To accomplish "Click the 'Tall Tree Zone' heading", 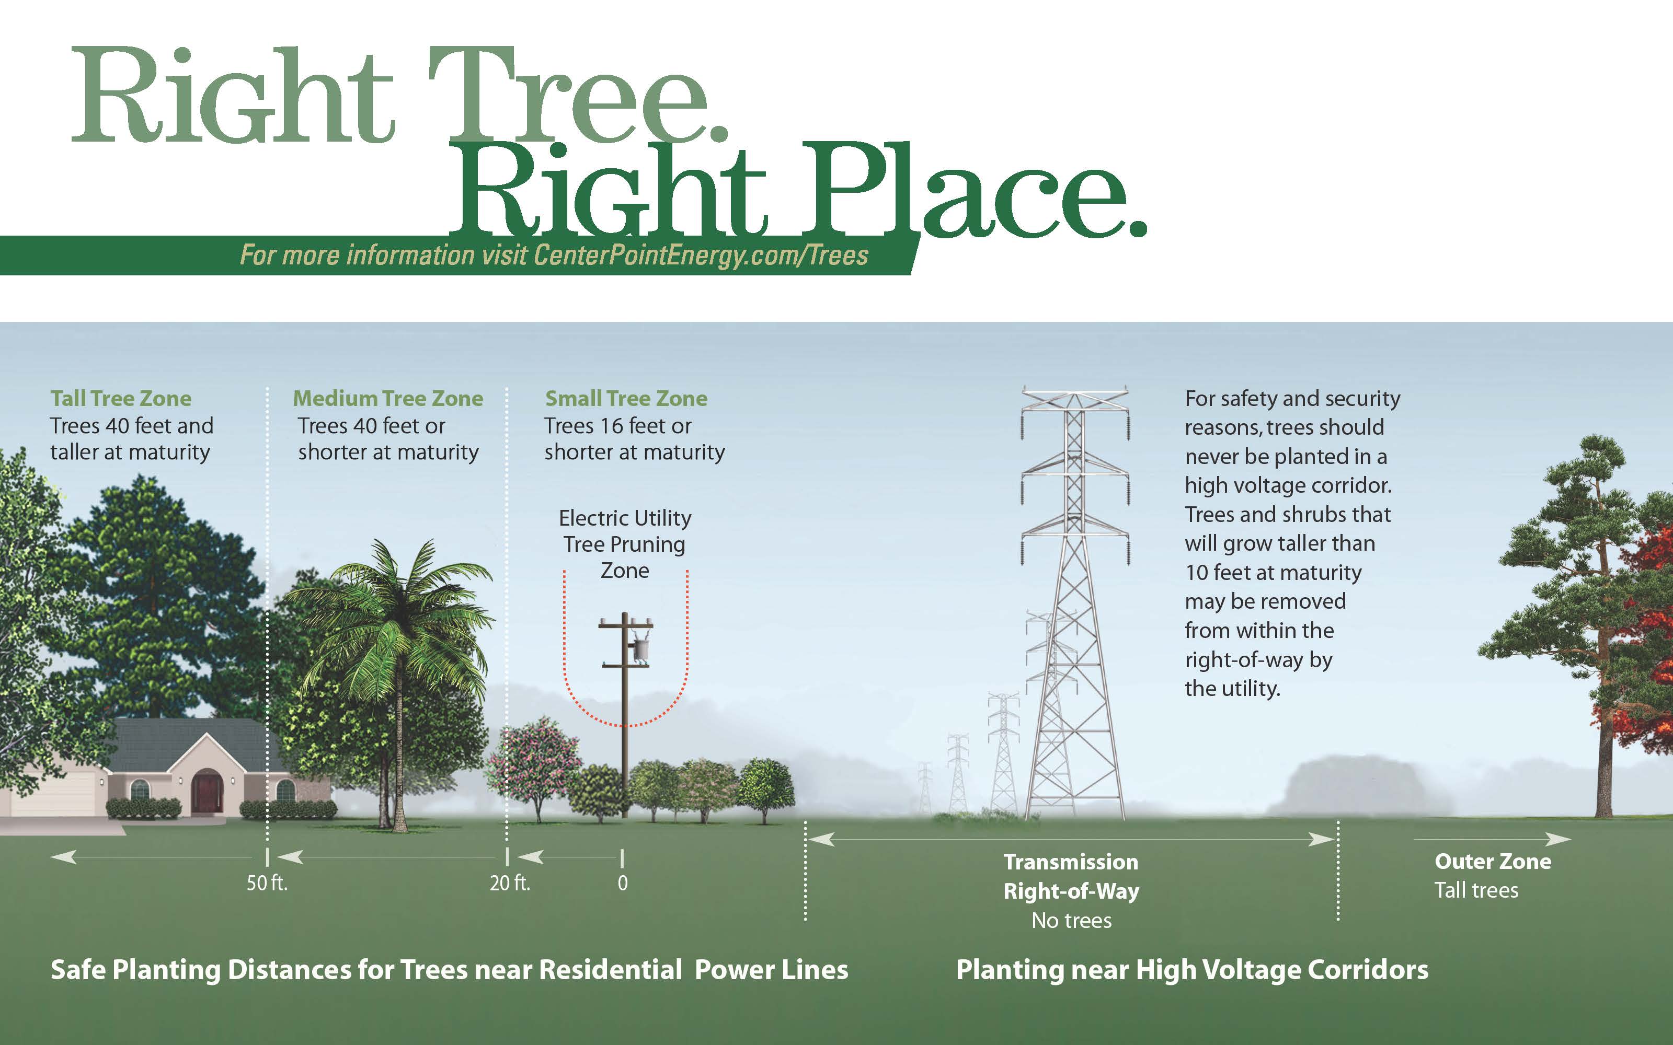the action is (x=121, y=398).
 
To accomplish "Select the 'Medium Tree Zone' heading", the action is (x=388, y=398).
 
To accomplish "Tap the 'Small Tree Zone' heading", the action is (x=626, y=398).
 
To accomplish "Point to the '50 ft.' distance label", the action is (x=267, y=883).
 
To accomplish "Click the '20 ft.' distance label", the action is (x=510, y=883).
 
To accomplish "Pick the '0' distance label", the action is (x=623, y=883).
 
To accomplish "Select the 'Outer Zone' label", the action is (x=1493, y=861).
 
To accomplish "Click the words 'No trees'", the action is (x=1072, y=921).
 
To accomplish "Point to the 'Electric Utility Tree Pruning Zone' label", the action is (x=624, y=544).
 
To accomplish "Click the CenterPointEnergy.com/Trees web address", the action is (x=701, y=255).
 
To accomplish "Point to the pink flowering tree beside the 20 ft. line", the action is (x=533, y=764).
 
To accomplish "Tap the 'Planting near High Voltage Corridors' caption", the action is (x=1192, y=970).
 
